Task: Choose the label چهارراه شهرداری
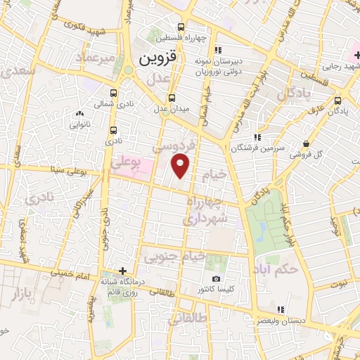tap(205, 210)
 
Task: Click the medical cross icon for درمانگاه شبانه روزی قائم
tap(123, 271)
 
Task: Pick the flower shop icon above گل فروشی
tap(305, 143)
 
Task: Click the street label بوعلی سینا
tap(70, 171)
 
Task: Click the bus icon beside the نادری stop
tap(114, 130)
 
